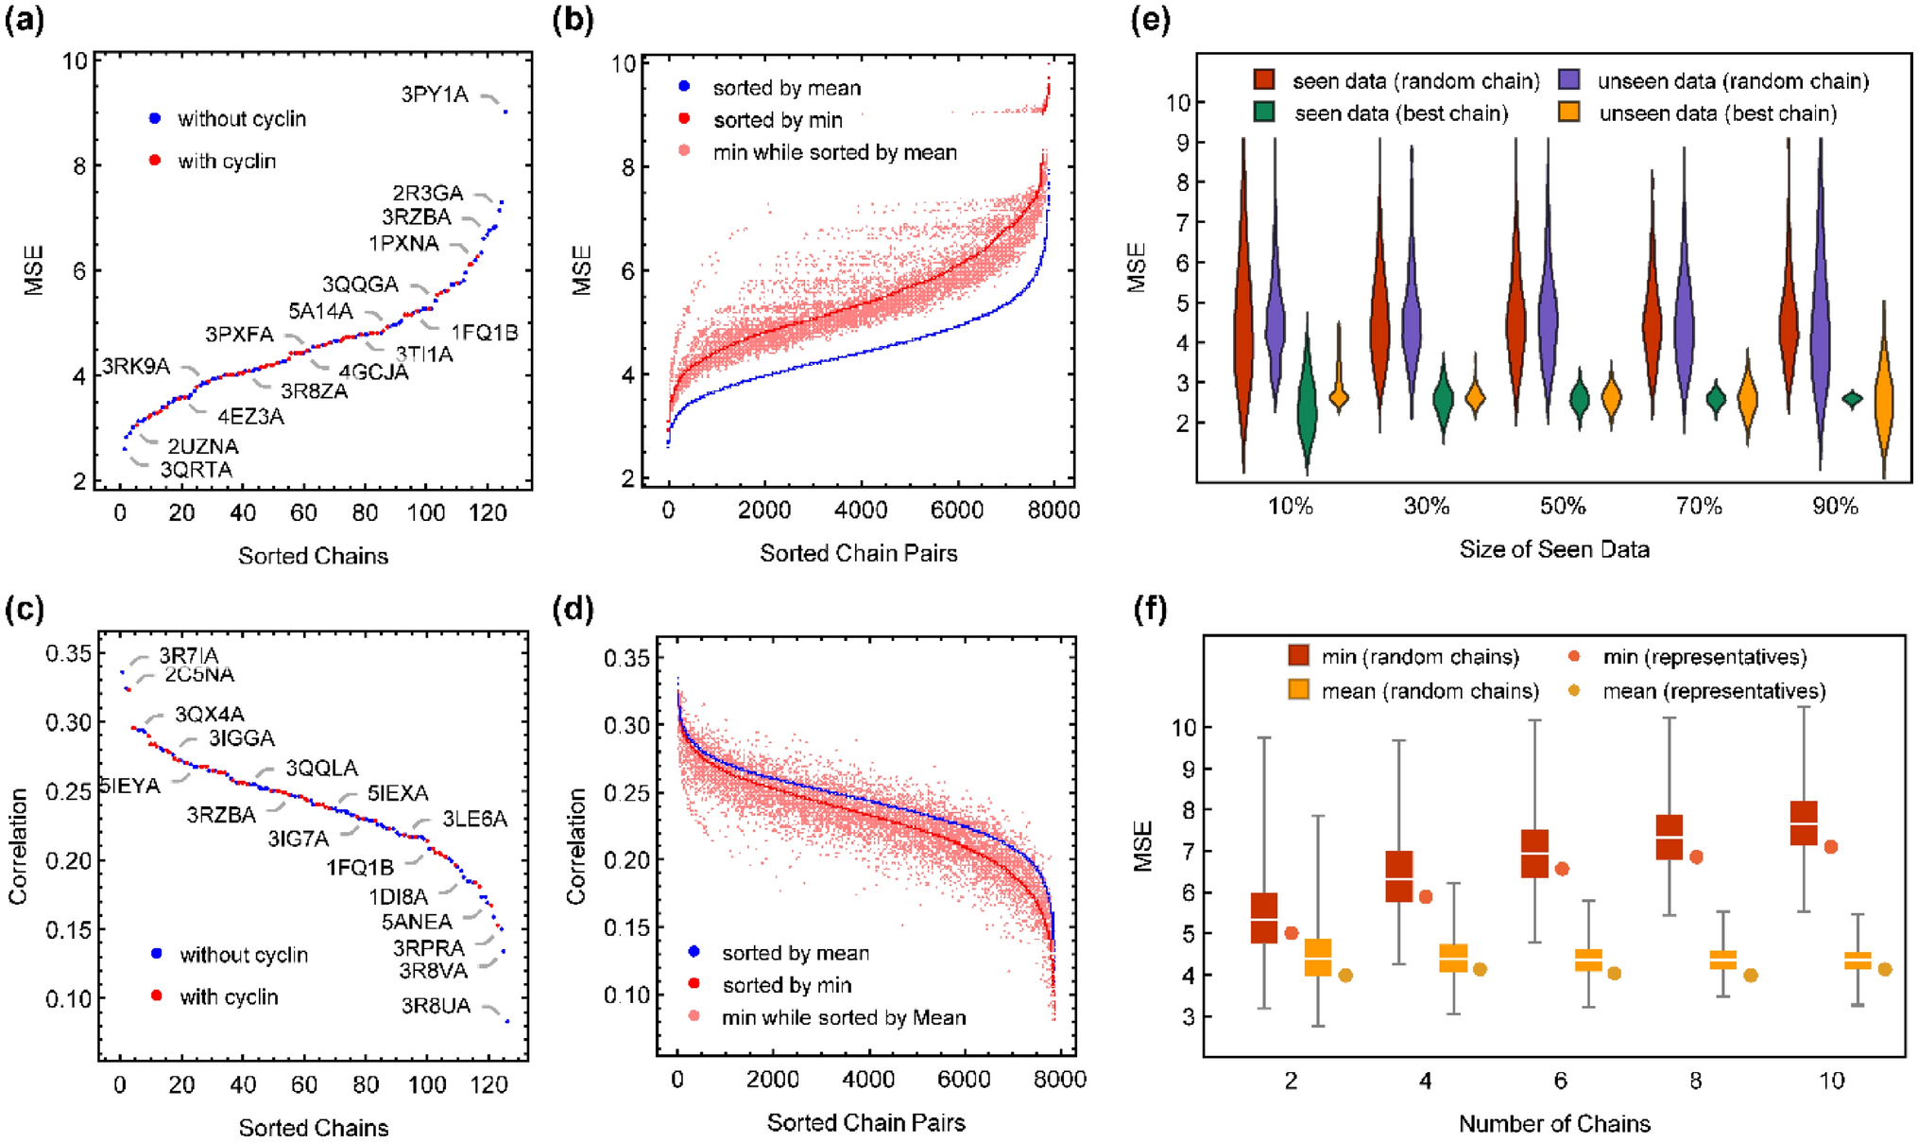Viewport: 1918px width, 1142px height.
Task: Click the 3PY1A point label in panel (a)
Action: point(435,95)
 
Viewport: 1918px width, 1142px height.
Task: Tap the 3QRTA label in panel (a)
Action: point(196,470)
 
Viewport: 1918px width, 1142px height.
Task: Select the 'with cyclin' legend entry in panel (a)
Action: point(226,162)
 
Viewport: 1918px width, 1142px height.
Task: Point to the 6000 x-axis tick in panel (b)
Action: point(957,510)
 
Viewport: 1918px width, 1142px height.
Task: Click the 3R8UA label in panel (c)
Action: point(436,1006)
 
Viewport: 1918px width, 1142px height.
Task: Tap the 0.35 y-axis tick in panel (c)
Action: point(69,653)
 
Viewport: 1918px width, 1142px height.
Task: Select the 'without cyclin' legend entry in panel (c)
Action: point(243,955)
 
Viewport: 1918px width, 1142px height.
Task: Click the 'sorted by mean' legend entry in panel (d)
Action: point(795,953)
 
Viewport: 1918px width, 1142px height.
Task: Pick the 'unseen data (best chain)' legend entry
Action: point(1717,114)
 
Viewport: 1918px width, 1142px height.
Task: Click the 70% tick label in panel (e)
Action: point(1699,507)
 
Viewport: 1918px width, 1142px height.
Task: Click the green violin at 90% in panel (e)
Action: point(1852,399)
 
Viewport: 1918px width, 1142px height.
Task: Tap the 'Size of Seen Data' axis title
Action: point(1554,549)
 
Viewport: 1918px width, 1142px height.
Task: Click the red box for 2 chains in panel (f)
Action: point(1264,917)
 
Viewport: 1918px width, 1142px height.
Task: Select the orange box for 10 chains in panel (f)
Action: point(1858,960)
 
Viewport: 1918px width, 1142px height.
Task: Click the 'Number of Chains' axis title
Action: point(1554,1124)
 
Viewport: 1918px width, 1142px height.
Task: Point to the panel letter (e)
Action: point(1151,21)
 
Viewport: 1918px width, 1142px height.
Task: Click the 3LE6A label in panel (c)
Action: point(474,819)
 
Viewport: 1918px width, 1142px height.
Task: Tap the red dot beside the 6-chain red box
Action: point(1562,869)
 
